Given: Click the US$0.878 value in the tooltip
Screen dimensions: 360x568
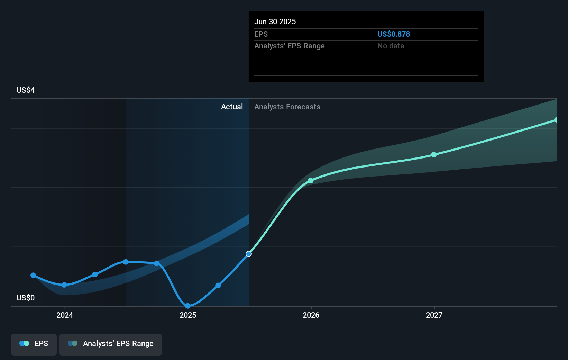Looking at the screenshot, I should (x=393, y=34).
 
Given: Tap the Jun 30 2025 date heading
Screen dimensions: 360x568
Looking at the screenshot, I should (x=275, y=21).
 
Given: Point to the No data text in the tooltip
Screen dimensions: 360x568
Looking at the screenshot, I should (x=391, y=46).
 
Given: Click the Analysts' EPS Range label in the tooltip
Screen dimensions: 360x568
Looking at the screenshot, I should (x=289, y=46).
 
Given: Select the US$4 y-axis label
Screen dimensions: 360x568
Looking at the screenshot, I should (x=26, y=90).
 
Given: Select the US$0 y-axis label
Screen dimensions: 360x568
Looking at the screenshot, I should (x=26, y=298).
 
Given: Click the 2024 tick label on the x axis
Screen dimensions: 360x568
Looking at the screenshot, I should (x=65, y=315).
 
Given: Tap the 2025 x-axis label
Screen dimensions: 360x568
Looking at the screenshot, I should (x=188, y=315).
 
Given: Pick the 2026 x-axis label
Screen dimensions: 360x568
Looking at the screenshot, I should (x=311, y=315).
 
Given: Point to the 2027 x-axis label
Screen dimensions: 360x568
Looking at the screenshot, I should (x=434, y=315).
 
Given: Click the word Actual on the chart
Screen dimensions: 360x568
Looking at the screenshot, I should (x=232, y=107).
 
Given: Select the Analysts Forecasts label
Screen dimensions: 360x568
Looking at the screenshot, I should (x=287, y=107).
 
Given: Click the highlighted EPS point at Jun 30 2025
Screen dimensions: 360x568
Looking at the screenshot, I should (x=249, y=254).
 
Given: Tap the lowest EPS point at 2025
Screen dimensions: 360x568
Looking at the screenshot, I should (x=187, y=306).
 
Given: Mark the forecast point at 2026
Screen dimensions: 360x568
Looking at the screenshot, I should (x=311, y=181).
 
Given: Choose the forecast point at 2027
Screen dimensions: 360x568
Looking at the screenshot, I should (x=434, y=155).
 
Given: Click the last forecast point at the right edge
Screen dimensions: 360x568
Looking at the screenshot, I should (x=556, y=120).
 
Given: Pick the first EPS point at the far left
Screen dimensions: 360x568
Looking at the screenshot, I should (x=33, y=275).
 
